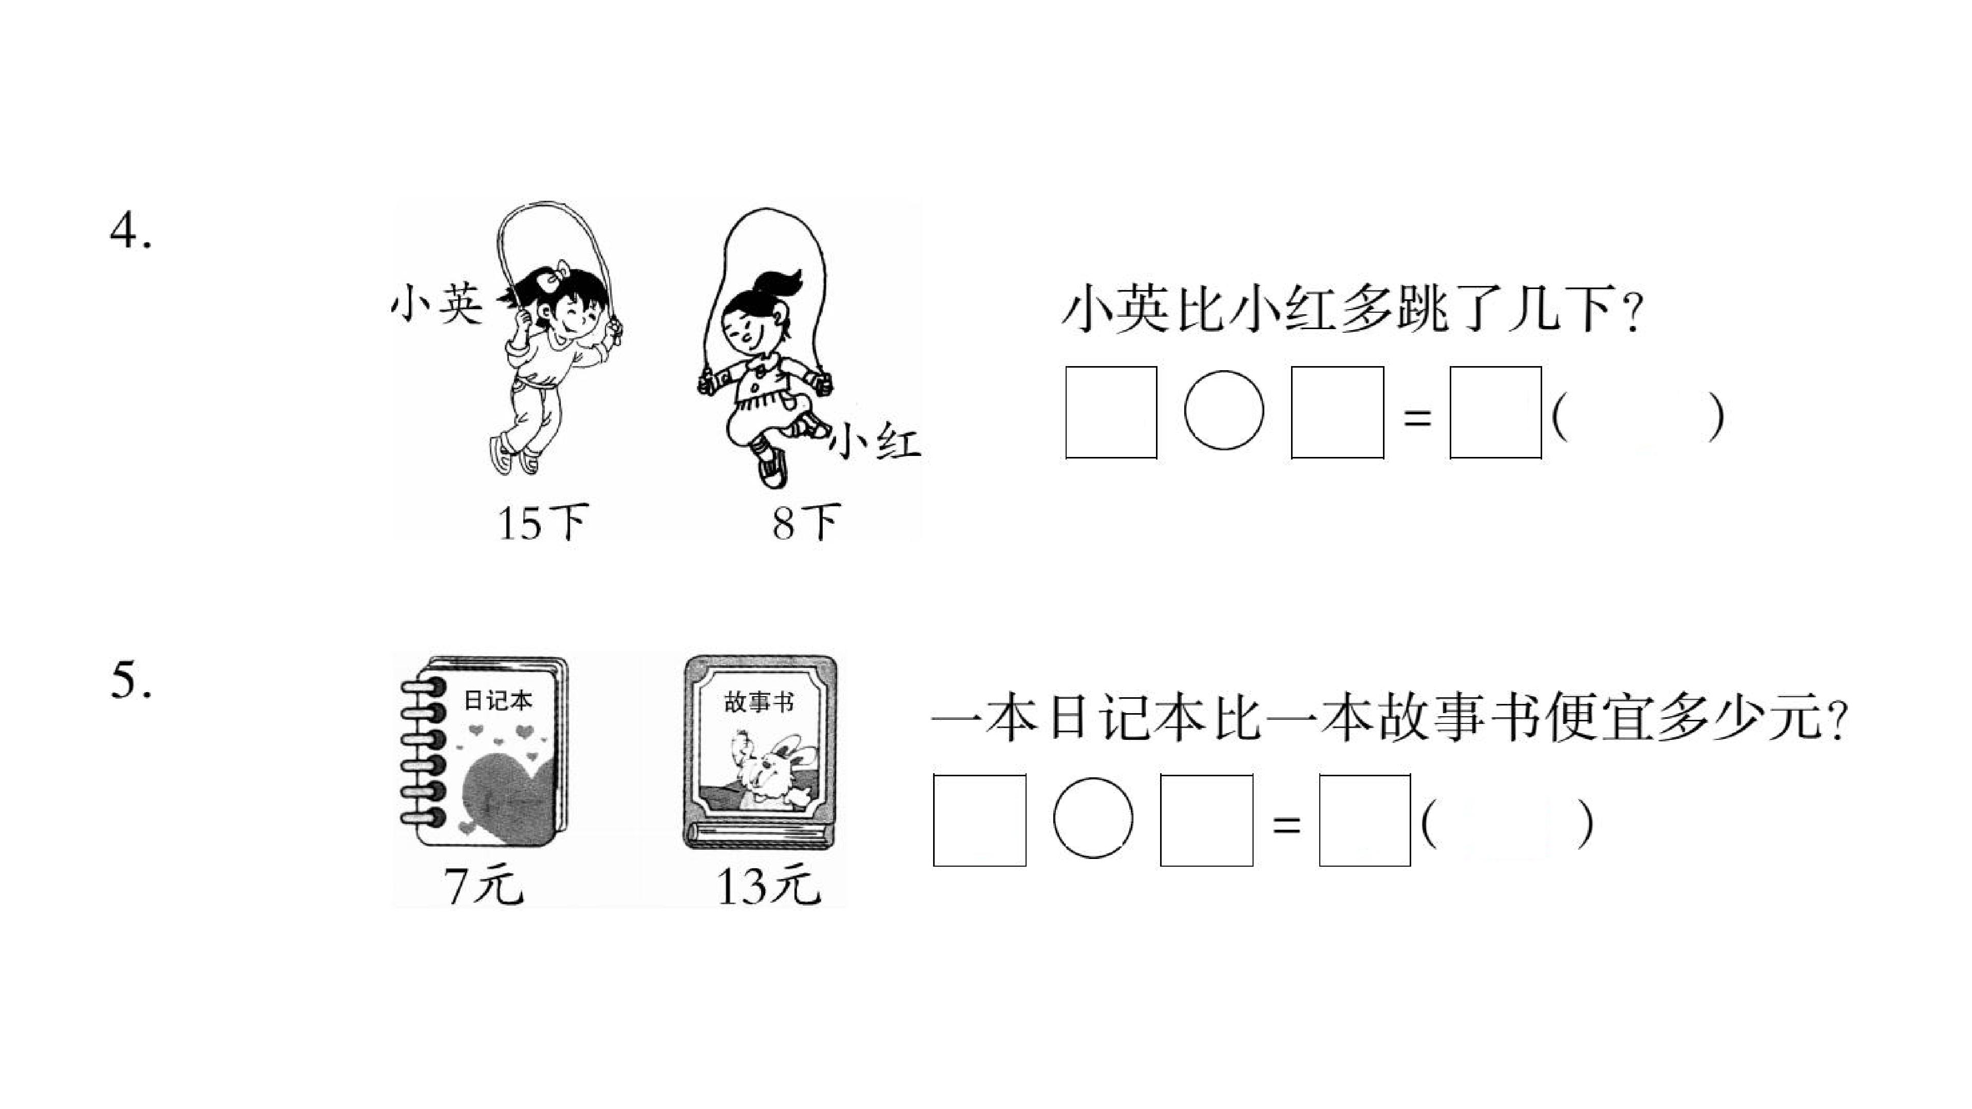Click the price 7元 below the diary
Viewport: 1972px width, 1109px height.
[x=484, y=886]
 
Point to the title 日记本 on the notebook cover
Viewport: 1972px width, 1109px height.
[x=498, y=700]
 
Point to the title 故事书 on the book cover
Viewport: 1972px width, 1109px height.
[x=759, y=702]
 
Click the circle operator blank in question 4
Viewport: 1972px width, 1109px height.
[x=1223, y=411]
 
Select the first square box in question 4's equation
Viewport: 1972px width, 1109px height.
[x=1111, y=412]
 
